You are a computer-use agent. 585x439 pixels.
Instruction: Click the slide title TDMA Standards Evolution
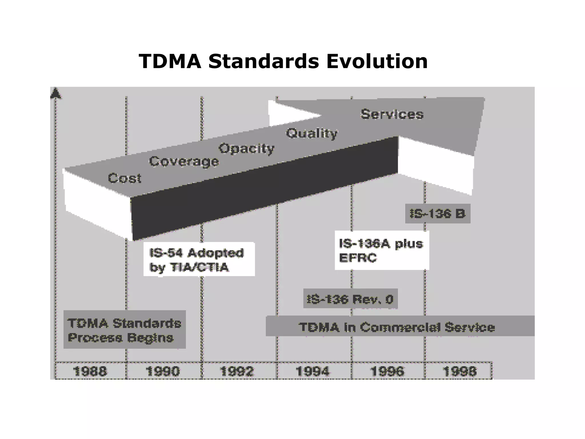pyautogui.click(x=283, y=61)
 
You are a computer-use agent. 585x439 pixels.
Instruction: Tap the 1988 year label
pyautogui.click(x=90, y=371)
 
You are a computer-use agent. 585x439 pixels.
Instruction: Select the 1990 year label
pyautogui.click(x=163, y=371)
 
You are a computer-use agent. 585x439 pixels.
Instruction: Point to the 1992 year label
pyautogui.click(x=237, y=371)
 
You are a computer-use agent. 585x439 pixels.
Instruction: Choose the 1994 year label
pyautogui.click(x=312, y=371)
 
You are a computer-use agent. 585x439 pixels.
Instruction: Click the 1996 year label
pyautogui.click(x=387, y=371)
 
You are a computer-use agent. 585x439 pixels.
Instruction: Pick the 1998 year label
pyautogui.click(x=460, y=371)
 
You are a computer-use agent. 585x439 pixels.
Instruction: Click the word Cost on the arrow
pyautogui.click(x=125, y=178)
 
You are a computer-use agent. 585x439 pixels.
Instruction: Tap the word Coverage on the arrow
pyautogui.click(x=184, y=161)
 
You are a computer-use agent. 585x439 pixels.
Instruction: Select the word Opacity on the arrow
pyautogui.click(x=246, y=149)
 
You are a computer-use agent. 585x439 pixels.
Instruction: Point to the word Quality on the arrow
pyautogui.click(x=312, y=133)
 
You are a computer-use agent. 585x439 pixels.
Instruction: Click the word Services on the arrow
pyautogui.click(x=392, y=114)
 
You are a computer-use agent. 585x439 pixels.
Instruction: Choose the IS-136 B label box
pyautogui.click(x=438, y=214)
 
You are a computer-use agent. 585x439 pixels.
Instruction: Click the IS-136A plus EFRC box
pyautogui.click(x=382, y=250)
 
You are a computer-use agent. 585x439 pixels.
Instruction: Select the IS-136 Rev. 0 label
pyautogui.click(x=350, y=299)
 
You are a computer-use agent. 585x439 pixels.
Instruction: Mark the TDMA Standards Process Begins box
pyautogui.click(x=125, y=330)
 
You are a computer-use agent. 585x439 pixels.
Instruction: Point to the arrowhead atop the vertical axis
pyautogui.click(x=56, y=93)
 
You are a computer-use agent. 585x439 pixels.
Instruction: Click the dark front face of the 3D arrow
pyautogui.click(x=263, y=189)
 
